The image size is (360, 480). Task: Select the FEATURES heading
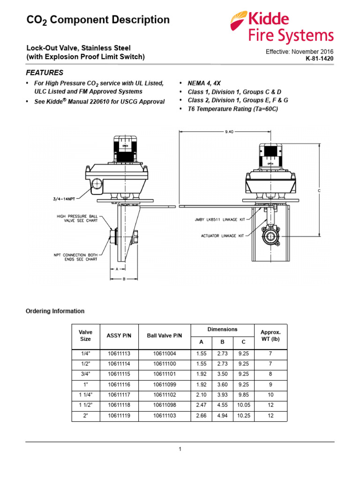(x=44, y=73)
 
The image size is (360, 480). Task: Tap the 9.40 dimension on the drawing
(x=229, y=132)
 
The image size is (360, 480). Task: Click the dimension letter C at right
(x=319, y=191)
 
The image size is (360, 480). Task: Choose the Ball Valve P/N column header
(x=164, y=335)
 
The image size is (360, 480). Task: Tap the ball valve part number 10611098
(x=164, y=405)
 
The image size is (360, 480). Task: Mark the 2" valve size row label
(x=85, y=416)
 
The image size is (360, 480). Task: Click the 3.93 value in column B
(x=222, y=395)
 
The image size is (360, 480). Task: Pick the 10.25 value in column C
(x=243, y=416)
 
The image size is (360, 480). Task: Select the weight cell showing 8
(x=270, y=375)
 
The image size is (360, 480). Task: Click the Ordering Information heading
(x=55, y=311)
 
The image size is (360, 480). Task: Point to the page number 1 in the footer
(x=180, y=449)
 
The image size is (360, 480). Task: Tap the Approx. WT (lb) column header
(x=270, y=335)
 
